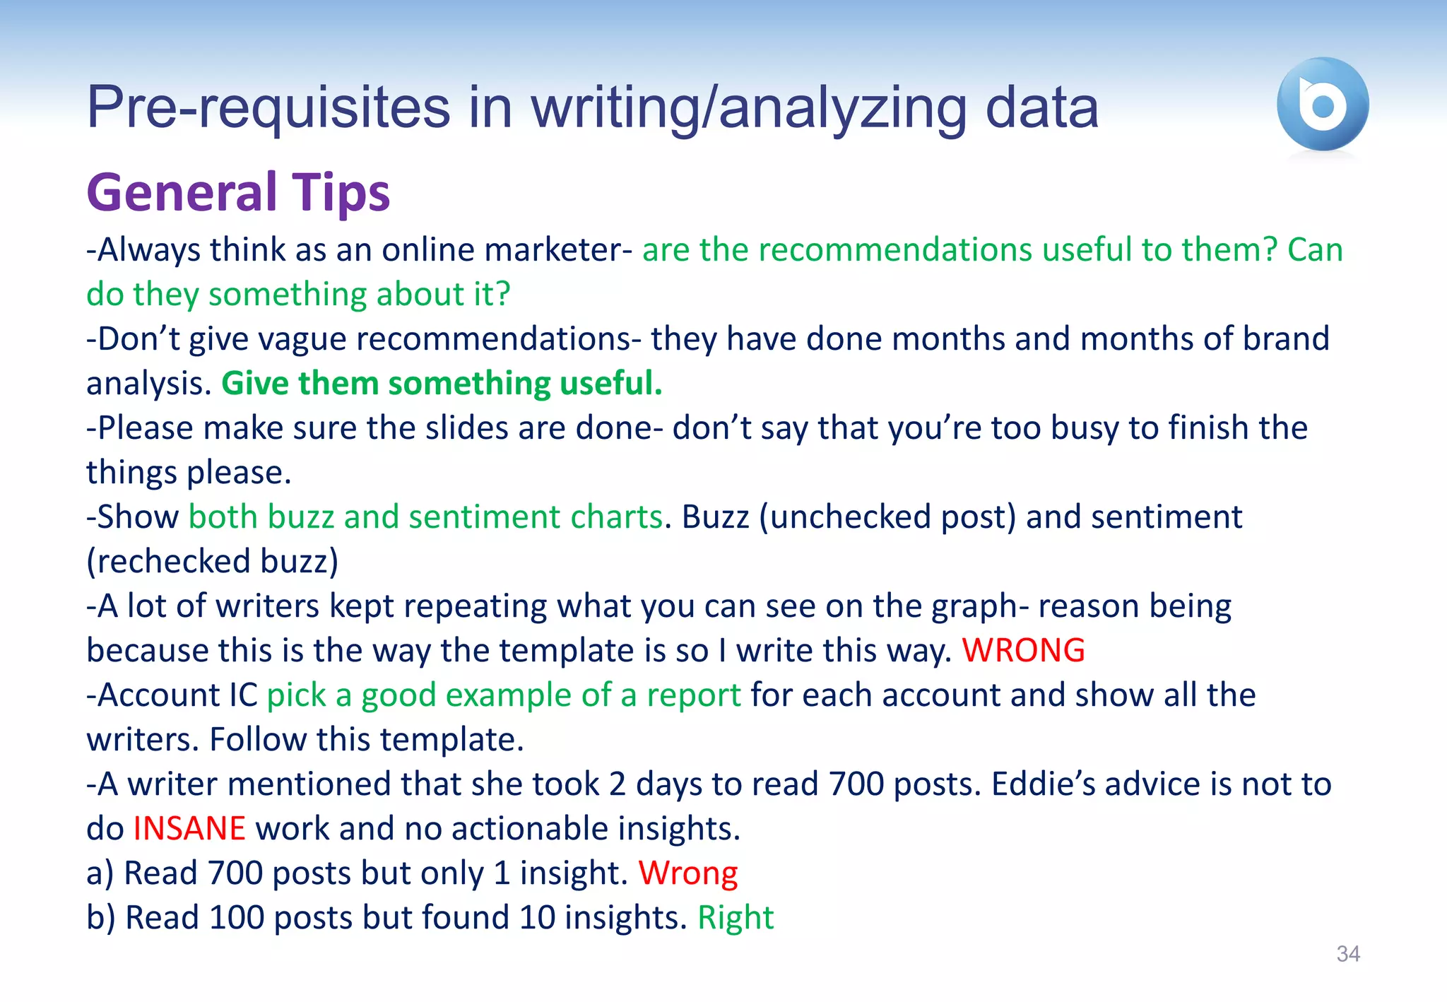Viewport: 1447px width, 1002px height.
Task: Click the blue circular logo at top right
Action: coord(1322,104)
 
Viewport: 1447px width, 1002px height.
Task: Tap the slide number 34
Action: coord(1348,954)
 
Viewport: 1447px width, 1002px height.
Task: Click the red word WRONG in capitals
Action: coord(1023,650)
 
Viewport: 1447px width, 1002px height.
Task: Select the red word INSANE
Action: coord(189,828)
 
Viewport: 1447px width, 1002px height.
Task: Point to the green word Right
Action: coord(736,917)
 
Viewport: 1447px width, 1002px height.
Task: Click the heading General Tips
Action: coord(238,192)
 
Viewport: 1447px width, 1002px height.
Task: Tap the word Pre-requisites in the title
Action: coord(268,107)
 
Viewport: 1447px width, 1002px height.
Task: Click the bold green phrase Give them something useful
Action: coord(442,383)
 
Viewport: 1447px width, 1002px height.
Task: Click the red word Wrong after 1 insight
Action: coord(688,873)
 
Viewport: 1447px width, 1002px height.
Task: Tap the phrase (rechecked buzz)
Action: coord(212,561)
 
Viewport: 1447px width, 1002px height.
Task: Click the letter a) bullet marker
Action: coord(100,873)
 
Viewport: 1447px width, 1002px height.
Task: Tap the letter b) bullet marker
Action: coord(100,917)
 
